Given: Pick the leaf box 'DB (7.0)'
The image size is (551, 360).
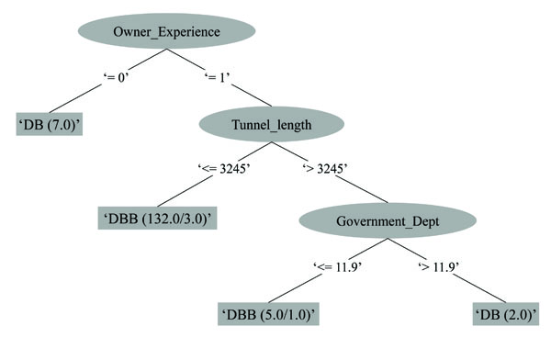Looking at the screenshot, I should (x=48, y=124).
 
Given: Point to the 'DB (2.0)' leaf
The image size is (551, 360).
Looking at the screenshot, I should (x=506, y=314).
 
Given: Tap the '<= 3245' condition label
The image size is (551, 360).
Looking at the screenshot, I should (x=224, y=170).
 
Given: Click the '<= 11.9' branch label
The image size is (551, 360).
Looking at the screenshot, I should (x=340, y=267).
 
